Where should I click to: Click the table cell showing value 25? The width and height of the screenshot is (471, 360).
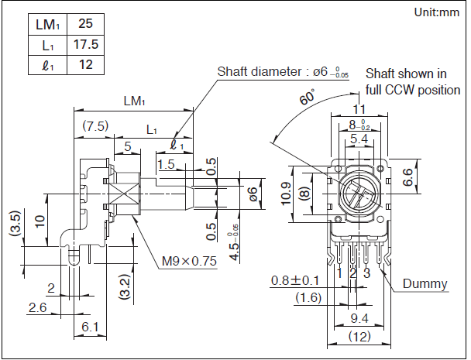85,25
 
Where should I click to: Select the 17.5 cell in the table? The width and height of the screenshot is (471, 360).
85,45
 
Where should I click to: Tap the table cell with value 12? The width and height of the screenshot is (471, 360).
85,64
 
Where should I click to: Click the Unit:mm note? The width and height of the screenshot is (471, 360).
437,12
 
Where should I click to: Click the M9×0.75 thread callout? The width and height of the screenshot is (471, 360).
189,262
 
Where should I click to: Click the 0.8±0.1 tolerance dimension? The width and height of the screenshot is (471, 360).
295,279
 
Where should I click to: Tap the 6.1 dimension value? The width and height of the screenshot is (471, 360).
91,327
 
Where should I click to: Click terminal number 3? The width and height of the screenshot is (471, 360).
367,273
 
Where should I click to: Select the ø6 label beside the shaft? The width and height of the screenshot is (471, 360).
252,194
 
